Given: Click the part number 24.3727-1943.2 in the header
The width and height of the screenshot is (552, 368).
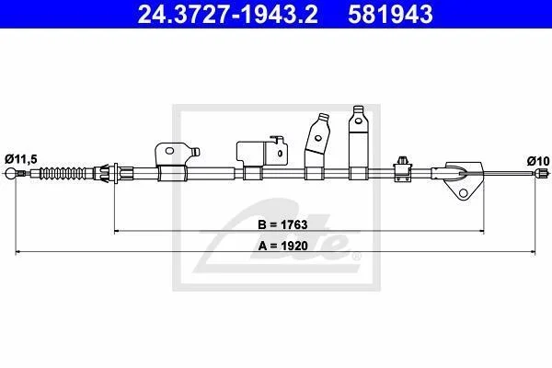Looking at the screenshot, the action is [228, 14].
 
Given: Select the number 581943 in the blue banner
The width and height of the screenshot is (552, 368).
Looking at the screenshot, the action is [390, 14].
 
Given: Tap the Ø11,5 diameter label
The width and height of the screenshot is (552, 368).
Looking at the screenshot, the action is [21, 159].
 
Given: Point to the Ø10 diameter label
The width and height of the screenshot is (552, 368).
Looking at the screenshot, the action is [538, 161].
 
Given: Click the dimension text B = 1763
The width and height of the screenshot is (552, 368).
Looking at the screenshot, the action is [282, 224].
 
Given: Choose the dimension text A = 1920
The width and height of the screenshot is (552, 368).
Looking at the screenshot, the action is [283, 246].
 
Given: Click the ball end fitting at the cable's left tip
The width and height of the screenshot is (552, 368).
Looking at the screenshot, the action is [11, 173].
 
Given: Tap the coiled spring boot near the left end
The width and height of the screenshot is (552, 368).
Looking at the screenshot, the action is [63, 174].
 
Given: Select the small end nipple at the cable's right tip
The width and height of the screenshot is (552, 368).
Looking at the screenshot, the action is [542, 173].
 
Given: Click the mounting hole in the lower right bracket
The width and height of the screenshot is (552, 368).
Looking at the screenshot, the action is [464, 193].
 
